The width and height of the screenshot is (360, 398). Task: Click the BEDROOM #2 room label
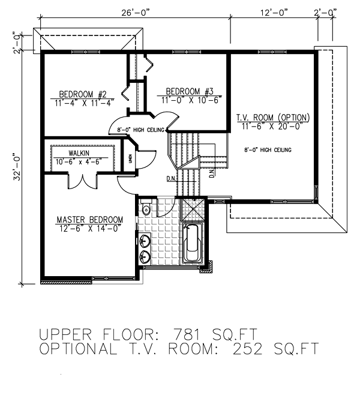tap(83, 94)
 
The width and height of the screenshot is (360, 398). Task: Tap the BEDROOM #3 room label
tap(189, 91)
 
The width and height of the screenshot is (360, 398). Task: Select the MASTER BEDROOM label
tap(90, 220)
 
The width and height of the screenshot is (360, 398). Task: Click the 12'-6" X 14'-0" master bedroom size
tap(90, 228)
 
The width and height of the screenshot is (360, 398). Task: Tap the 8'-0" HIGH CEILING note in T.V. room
tap(268, 149)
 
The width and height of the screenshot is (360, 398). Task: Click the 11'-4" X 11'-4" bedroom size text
tap(83, 103)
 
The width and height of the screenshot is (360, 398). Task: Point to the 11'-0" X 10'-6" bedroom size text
tap(189, 100)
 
